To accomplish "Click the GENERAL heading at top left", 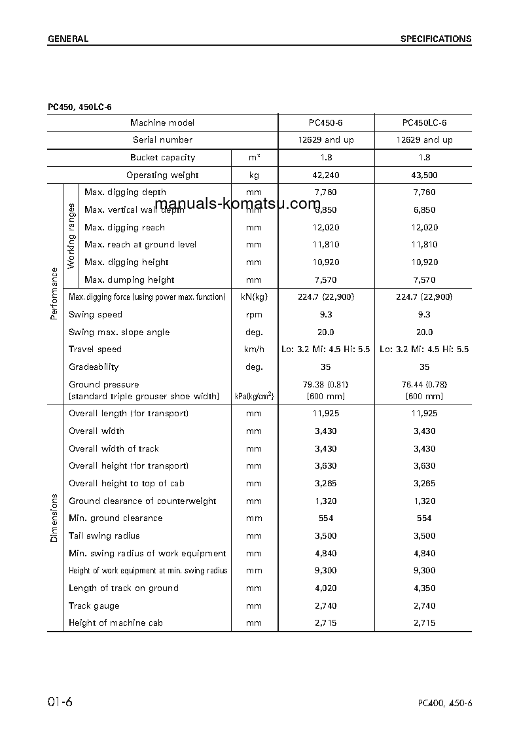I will [67, 39].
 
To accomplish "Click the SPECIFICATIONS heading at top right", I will [436, 39].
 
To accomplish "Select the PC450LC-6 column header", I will [424, 122].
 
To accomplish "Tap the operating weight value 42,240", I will [326, 175].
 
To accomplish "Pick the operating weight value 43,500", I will [424, 175].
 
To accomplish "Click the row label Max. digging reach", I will [124, 227].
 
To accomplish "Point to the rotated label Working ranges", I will [71, 236].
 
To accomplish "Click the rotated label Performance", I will [54, 294].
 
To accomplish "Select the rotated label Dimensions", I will [54, 518].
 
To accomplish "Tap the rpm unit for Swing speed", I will [254, 315].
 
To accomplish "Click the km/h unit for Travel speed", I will [254, 350].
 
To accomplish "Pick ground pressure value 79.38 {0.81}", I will [326, 384].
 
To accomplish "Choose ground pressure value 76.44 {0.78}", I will [424, 384].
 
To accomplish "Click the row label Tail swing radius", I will [104, 535].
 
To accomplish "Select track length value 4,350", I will [424, 588].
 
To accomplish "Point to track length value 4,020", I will [326, 588].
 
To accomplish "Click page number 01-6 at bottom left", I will [60, 702].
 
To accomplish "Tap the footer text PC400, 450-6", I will [445, 704].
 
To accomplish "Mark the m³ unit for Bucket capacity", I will [254, 157].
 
